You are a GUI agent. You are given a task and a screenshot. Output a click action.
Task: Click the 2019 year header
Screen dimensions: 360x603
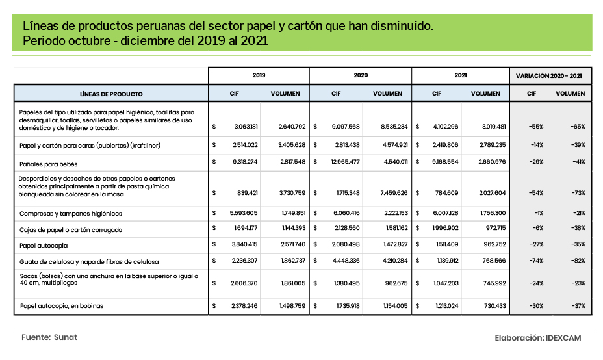[259, 75]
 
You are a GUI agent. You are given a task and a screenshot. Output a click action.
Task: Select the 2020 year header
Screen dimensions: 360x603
[361, 75]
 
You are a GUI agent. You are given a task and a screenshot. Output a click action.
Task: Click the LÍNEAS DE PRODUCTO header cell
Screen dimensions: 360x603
[111, 94]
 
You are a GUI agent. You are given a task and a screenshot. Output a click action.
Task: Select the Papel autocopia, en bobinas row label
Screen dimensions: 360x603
[62, 305]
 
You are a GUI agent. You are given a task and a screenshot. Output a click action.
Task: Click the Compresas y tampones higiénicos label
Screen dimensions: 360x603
[71, 213]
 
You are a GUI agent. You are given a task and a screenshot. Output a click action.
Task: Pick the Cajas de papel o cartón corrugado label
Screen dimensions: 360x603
[71, 229]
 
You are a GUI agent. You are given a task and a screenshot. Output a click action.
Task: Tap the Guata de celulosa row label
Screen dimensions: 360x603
[90, 262]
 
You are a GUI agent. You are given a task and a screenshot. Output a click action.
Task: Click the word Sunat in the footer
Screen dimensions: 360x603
[65, 338]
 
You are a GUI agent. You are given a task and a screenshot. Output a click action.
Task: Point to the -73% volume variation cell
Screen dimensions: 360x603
[577, 193]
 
